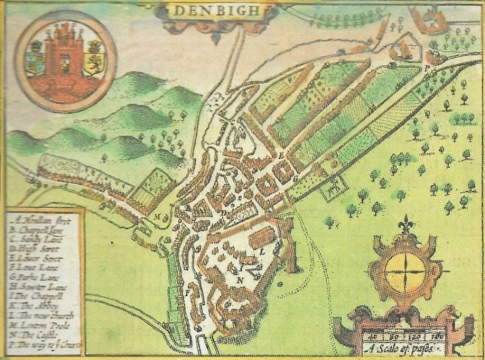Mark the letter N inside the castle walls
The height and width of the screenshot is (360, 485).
point(240,279)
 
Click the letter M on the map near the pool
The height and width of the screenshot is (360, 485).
point(160,216)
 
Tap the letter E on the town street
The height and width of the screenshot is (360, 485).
point(281,155)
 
